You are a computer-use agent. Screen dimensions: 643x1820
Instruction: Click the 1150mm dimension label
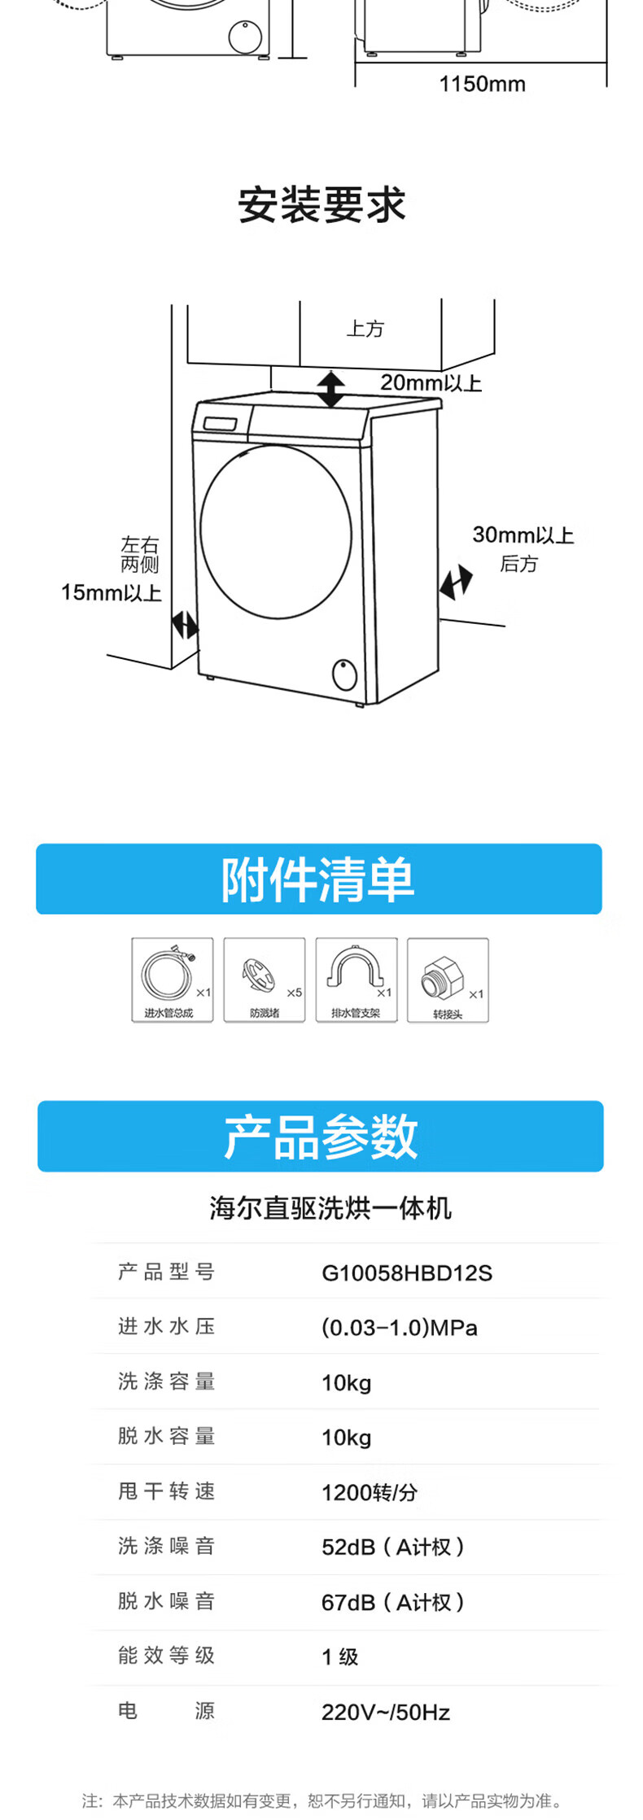pos(482,84)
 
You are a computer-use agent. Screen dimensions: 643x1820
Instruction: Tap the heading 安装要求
pos(321,204)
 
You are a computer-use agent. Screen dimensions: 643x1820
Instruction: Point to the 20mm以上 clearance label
pos(431,382)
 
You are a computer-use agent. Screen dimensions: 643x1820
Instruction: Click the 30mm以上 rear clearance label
pos(523,535)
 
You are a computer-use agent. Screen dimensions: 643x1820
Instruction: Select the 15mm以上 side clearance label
pos(111,592)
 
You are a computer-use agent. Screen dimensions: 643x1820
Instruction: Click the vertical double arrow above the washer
pos(330,389)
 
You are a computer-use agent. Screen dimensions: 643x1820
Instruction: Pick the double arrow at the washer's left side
pos(185,625)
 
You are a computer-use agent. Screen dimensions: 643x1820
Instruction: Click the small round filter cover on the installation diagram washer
pos(344,674)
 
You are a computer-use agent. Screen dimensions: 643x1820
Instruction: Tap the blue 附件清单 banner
pos(318,879)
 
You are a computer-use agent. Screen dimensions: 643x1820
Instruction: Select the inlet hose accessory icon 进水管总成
pos(172,980)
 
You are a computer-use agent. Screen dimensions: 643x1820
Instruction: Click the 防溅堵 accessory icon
pos(264,980)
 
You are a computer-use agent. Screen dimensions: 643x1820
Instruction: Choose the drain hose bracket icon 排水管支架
pos(356,980)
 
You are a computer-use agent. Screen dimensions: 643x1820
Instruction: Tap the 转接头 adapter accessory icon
pos(448,980)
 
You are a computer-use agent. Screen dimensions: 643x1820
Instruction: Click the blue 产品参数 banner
pos(320,1137)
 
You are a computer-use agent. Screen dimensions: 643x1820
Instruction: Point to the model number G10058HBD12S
pos(407,1272)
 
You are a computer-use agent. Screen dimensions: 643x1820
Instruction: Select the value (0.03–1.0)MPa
pos(399,1328)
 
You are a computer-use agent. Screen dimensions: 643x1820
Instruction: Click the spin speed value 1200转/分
pos(370,1492)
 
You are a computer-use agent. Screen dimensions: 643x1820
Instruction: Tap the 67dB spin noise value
pos(392,1602)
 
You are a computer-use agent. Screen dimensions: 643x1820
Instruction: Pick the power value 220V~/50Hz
pos(385,1712)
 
